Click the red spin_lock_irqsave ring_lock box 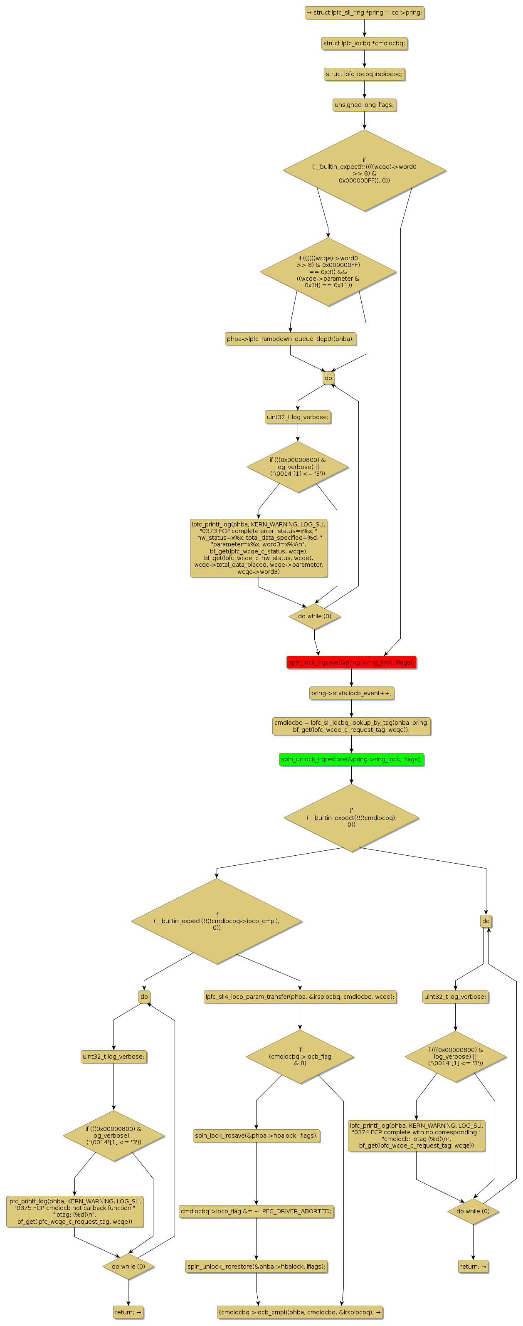coord(351,662)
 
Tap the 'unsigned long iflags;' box coord(364,105)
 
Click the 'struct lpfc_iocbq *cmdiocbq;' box coord(364,43)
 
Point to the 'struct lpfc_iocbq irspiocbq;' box coord(364,74)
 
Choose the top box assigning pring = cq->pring coord(364,12)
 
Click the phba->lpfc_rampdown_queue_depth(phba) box coord(290,339)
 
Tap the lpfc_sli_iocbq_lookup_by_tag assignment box coord(351,726)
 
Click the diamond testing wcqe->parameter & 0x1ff coord(328,272)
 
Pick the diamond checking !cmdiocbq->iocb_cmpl coord(217,921)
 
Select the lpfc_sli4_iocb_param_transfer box coord(300,997)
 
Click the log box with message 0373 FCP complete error coord(259,548)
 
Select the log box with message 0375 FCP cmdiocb coord(75,1211)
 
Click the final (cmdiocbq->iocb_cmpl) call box coord(300,1312)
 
